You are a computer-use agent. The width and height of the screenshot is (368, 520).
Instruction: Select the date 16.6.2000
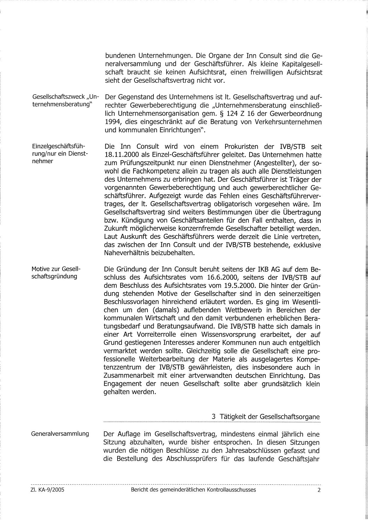(219, 278)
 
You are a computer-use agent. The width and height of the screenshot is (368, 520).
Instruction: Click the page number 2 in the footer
(319, 490)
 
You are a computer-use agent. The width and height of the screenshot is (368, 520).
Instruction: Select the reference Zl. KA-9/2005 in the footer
(48, 490)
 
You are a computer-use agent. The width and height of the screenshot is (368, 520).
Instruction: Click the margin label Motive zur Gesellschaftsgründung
(56, 273)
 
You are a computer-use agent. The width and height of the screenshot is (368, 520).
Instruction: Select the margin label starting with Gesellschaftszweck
(65, 101)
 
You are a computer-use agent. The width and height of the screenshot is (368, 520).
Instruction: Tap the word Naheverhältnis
(131, 253)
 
